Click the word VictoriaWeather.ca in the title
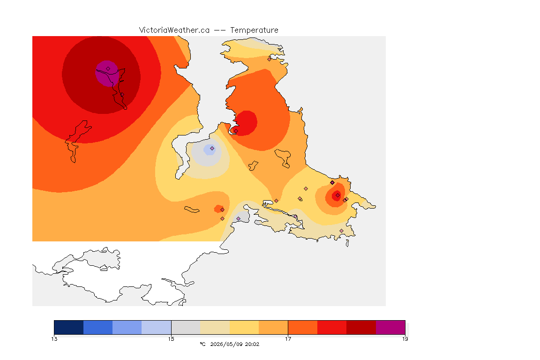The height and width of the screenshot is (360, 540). coord(174,30)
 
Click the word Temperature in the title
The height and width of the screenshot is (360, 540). coord(254,30)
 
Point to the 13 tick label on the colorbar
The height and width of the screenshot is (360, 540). coord(54,339)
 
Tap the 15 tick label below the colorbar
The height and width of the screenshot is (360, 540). coord(171,339)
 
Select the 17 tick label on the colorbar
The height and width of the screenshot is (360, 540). coord(288,339)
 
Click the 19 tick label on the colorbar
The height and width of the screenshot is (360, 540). coord(405,339)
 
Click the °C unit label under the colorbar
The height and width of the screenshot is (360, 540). coord(202,344)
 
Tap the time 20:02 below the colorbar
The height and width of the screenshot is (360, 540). coord(252,344)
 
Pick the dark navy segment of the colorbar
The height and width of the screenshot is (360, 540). coord(69,327)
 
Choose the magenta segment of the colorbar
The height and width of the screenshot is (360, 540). coord(390,327)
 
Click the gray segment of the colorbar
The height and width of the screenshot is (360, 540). coord(186,327)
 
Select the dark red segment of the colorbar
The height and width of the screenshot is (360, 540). coord(361,327)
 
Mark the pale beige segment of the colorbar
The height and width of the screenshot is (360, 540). coord(215,327)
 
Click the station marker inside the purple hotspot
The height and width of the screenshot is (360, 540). coord(108,69)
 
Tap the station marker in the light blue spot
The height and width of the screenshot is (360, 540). coord(212,149)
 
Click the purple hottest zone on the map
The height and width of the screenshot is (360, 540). coord(107,74)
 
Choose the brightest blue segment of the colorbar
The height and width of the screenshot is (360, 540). coord(98,327)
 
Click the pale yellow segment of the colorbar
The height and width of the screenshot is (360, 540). coord(244,327)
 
